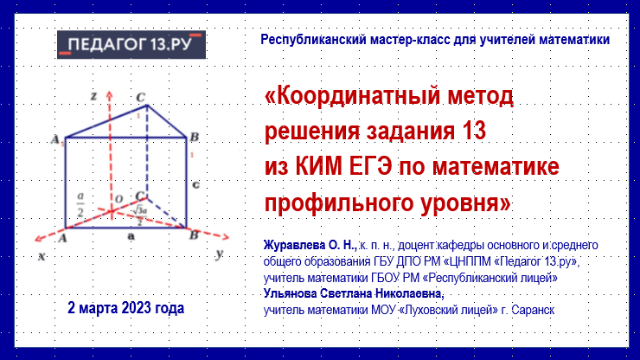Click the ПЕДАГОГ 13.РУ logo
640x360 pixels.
tap(131, 44)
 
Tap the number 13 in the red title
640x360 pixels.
tap(474, 132)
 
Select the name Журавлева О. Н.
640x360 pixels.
tap(310, 245)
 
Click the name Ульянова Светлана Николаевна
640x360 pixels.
tap(354, 293)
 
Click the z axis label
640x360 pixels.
tap(94, 96)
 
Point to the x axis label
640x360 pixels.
tap(42, 257)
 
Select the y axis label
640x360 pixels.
tap(220, 254)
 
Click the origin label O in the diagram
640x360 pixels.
tap(118, 199)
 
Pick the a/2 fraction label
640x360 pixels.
tap(80, 205)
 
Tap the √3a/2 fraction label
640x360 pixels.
tap(139, 215)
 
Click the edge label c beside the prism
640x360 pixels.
tap(196, 184)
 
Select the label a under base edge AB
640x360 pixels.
tap(131, 236)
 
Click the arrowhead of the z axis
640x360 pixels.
tap(109, 94)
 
